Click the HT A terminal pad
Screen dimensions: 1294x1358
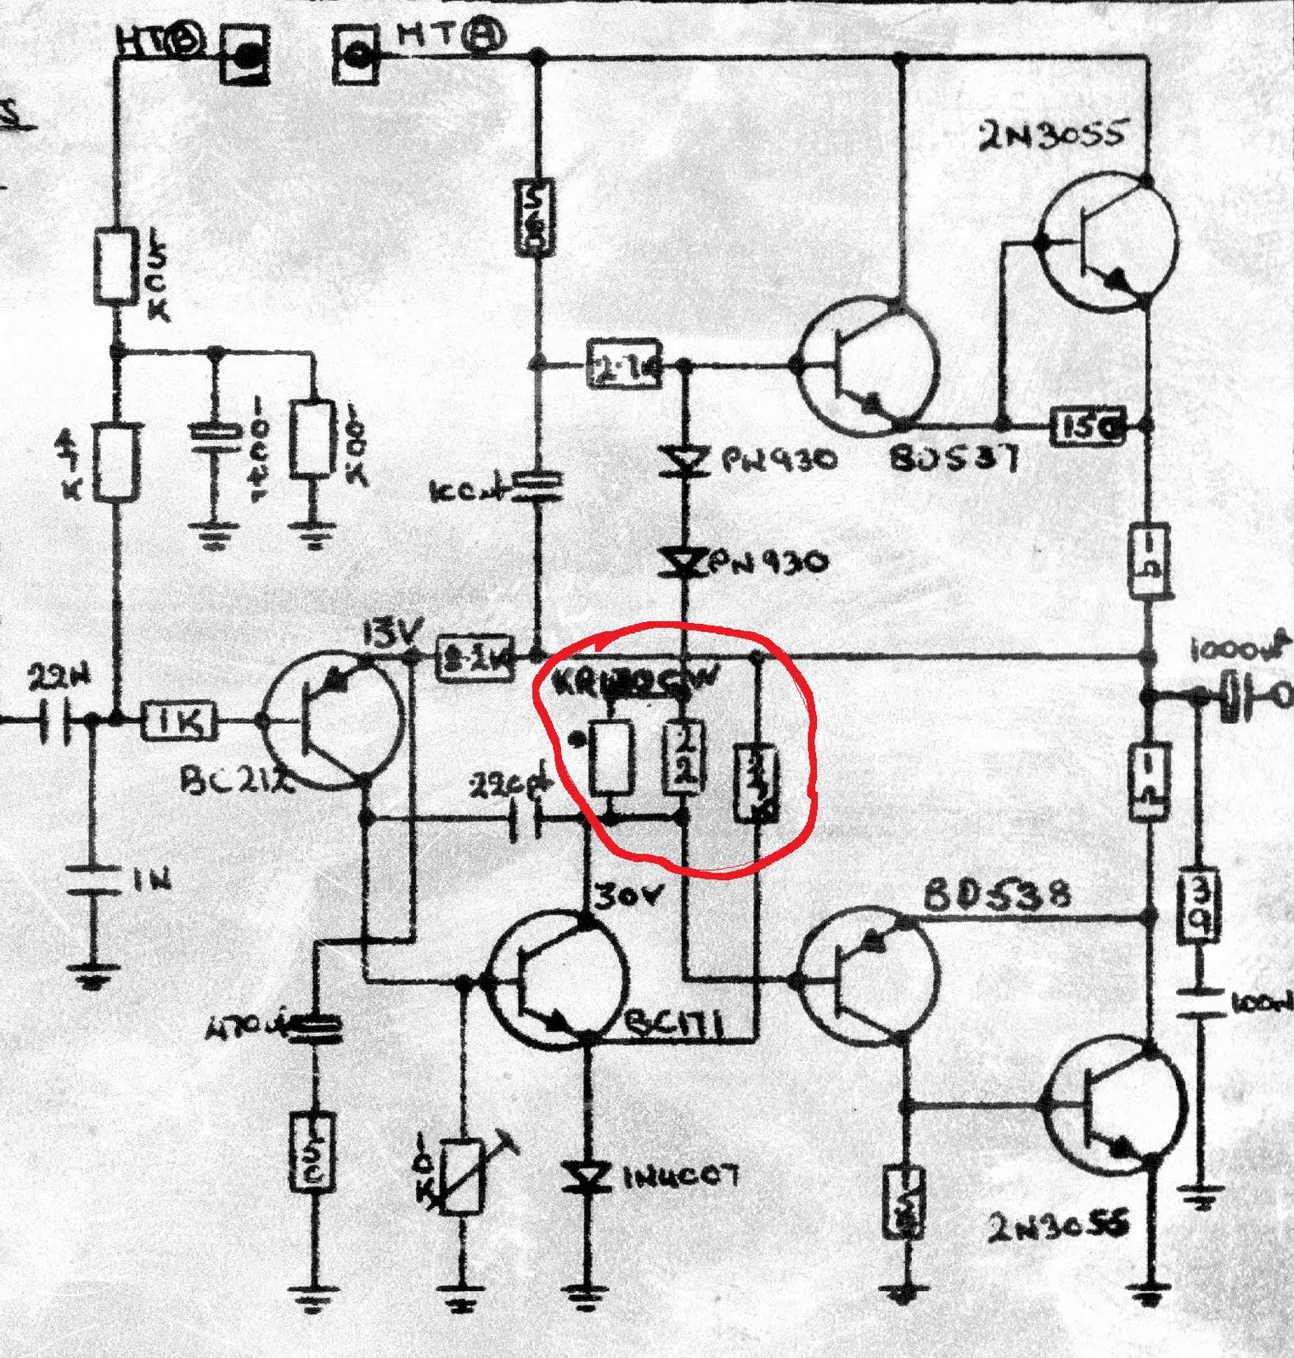(x=355, y=56)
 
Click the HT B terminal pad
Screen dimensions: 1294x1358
(x=245, y=56)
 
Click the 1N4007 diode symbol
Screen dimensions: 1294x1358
(x=587, y=1176)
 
